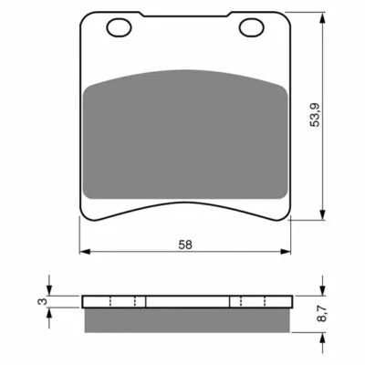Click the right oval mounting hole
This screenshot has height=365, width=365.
coord(251,28)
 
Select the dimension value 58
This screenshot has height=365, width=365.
coord(185,245)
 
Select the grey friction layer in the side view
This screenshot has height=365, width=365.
coord(187,318)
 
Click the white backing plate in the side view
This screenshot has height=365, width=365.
coord(187,303)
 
